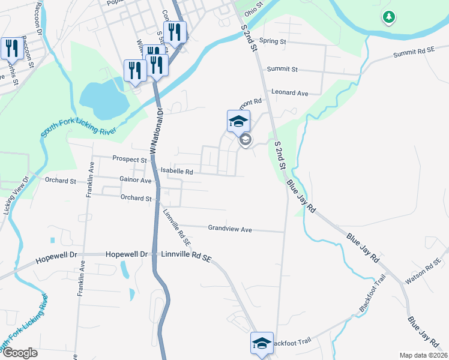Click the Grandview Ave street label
pyautogui.click(x=230, y=229)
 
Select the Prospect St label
pyautogui.click(x=130, y=160)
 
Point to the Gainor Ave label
pyautogui.click(x=136, y=180)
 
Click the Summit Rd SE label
pyautogui.click(x=414, y=53)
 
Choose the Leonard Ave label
pyautogui.click(x=289, y=93)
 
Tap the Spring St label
pyautogui.click(x=273, y=42)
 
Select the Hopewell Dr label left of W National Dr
pyautogui.click(x=57, y=254)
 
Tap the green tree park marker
pyautogui.click(x=389, y=17)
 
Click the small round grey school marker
pyautogui.click(x=245, y=140)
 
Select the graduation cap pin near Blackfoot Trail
pyautogui.click(x=262, y=344)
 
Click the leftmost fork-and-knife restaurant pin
pyautogui.click(x=12, y=48)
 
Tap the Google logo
pyautogui.click(x=19, y=353)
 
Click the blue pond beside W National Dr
pyautogui.click(x=103, y=98)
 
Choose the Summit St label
pyautogui.click(x=283, y=70)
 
